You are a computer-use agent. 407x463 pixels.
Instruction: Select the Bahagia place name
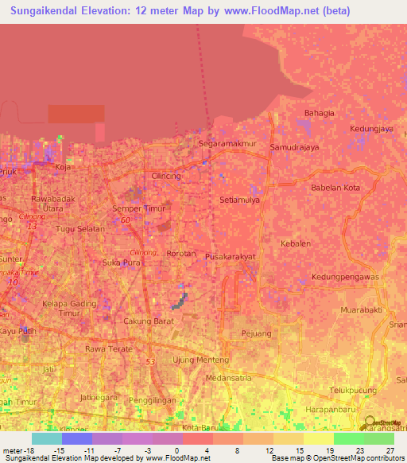tap(319, 113)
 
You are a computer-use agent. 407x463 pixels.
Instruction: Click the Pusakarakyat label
tap(231, 258)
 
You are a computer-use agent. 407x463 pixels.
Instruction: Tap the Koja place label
tap(62, 167)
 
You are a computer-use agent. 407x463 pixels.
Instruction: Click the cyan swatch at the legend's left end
tap(47, 438)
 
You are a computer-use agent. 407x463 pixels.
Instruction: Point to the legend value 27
tap(390, 451)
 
